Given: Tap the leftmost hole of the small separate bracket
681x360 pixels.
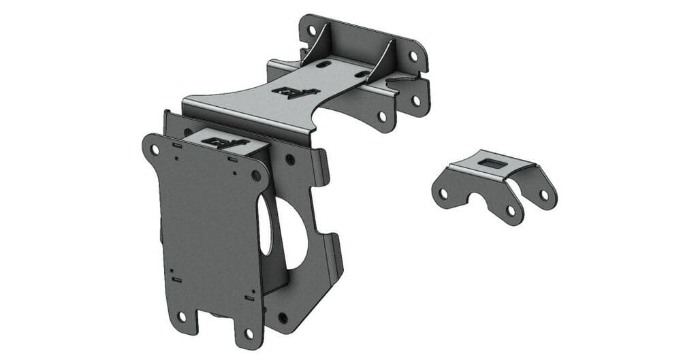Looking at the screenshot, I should (x=443, y=194).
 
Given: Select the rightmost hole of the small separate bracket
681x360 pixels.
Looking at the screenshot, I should (x=544, y=195).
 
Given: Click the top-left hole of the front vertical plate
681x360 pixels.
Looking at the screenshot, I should (x=155, y=150).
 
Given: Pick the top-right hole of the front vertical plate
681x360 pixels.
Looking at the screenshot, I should (x=257, y=176).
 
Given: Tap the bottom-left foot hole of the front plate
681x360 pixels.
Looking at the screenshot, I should (x=182, y=317).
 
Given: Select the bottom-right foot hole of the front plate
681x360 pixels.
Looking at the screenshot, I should (x=249, y=334).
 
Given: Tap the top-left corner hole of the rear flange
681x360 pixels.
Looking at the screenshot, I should (x=312, y=31).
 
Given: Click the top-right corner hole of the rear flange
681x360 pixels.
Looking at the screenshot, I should (x=413, y=56).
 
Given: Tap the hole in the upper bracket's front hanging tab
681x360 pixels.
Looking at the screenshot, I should (x=382, y=116).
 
